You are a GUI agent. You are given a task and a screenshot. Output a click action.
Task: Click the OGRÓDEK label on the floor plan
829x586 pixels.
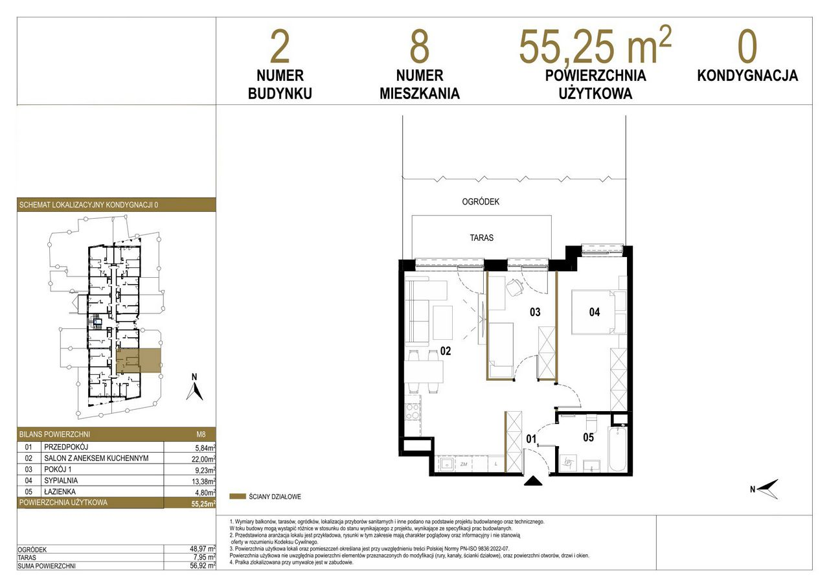(x=481, y=201)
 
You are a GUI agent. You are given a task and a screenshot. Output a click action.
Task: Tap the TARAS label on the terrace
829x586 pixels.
(x=481, y=238)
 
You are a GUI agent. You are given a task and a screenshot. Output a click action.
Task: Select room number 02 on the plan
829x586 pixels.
(x=446, y=351)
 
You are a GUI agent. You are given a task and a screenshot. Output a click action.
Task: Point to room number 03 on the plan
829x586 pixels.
(x=535, y=312)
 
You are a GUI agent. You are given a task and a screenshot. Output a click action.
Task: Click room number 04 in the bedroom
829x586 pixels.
(x=595, y=312)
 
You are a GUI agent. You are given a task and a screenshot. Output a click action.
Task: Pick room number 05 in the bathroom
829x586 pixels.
(x=589, y=437)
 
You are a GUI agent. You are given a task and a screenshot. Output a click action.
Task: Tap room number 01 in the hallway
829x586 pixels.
(x=532, y=439)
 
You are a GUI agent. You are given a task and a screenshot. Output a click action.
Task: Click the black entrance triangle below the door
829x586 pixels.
(x=533, y=481)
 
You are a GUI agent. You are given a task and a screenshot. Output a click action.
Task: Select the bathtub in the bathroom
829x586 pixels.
(x=618, y=449)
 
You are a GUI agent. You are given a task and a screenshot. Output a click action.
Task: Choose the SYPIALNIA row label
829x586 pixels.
(x=61, y=480)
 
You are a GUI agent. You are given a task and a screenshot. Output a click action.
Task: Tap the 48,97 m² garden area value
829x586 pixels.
(x=203, y=549)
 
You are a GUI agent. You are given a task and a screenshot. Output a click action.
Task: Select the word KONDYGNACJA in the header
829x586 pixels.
(x=747, y=76)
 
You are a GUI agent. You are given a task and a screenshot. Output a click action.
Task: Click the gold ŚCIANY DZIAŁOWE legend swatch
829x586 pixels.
(x=238, y=497)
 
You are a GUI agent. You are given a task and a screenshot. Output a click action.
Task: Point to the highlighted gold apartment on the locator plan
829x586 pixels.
(x=139, y=360)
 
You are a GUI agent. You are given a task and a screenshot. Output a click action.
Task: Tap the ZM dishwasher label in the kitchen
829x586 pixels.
(x=463, y=464)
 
